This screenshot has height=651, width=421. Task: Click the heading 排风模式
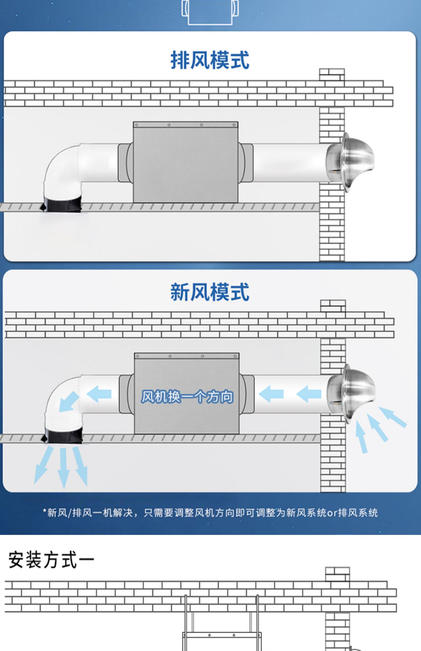[210, 60]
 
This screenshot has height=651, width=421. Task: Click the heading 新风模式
[210, 292]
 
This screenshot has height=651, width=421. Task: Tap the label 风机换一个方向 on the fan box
[187, 397]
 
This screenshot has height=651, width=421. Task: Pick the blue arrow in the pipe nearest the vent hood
[309, 394]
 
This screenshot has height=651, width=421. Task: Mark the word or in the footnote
[332, 513]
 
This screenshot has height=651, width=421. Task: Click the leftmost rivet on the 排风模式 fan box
[136, 125]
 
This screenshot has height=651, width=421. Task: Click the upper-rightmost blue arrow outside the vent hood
[393, 417]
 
